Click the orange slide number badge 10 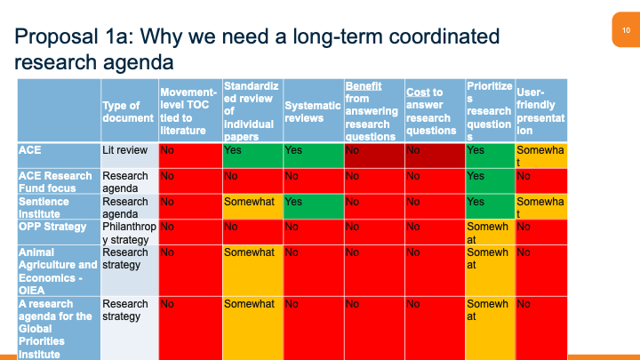[x=626, y=30]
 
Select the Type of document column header [x=128, y=111]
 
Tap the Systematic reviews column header [x=312, y=111]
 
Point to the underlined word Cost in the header [x=418, y=92]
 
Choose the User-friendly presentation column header [x=540, y=111]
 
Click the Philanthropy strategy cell [x=128, y=232]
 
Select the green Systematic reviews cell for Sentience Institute [x=312, y=207]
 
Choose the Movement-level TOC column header [x=189, y=111]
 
